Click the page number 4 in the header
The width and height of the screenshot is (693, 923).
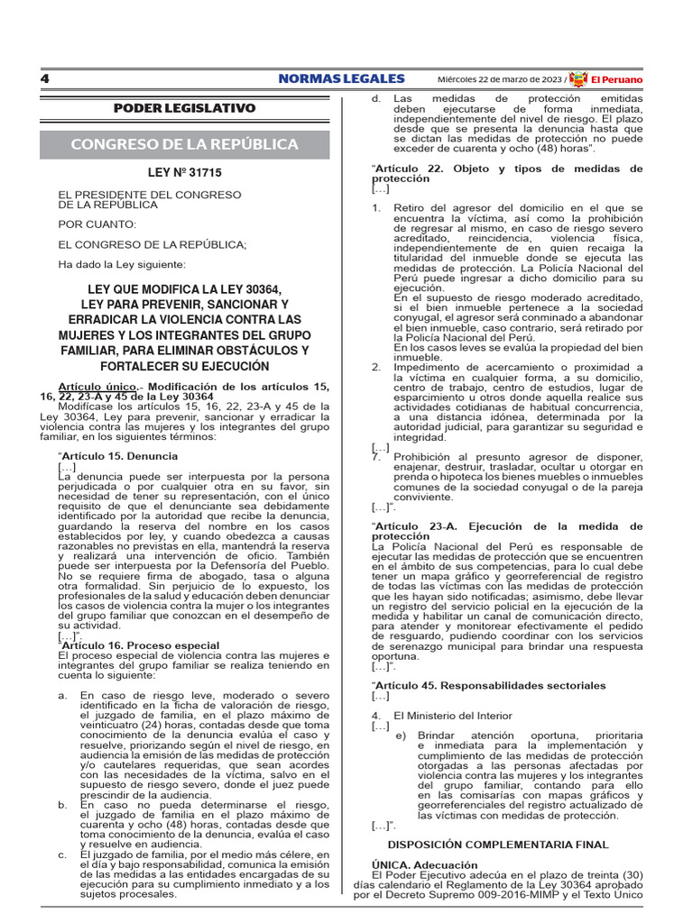pyautogui.click(x=44, y=78)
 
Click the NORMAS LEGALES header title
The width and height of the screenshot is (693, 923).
pyautogui.click(x=341, y=78)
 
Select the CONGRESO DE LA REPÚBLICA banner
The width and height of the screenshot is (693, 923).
pyautogui.click(x=184, y=144)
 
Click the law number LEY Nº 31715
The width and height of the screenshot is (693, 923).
pyautogui.click(x=184, y=172)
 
